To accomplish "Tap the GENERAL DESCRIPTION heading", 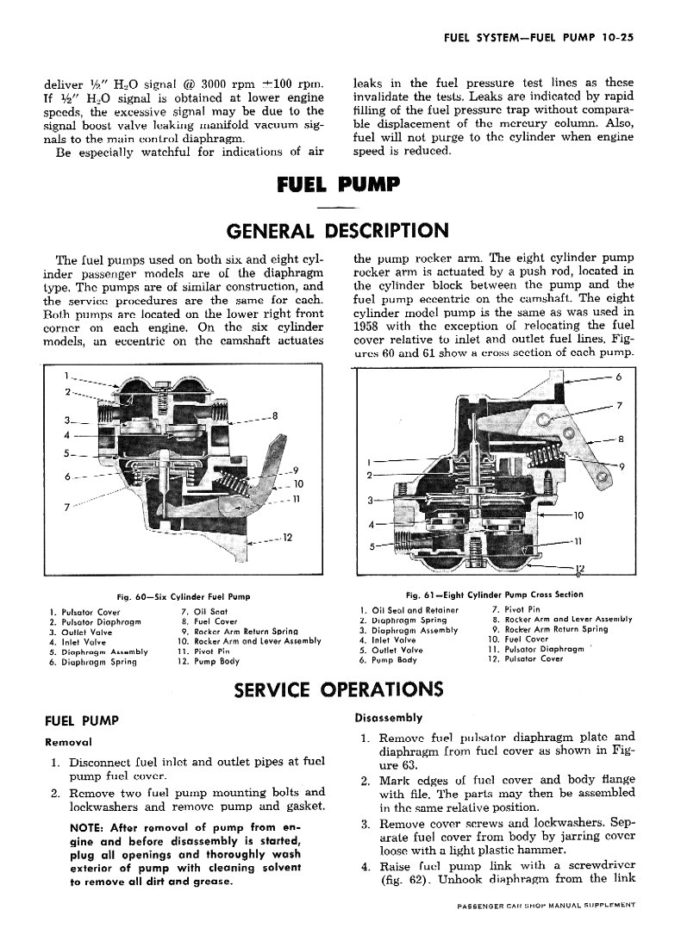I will pos(337,231).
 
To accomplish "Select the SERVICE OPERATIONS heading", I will pos(339,689).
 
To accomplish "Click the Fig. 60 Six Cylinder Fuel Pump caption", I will pos(184,596).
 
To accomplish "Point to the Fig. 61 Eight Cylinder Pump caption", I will pos(494,595).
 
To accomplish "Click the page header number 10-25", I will pos(615,37).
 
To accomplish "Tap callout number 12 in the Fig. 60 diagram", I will pos(287,539).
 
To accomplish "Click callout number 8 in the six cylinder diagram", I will pos(274,416).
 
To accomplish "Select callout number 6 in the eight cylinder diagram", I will pos(617,377).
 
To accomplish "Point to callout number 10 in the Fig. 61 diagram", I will pos(578,515).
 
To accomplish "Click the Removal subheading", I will pos(68,741).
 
